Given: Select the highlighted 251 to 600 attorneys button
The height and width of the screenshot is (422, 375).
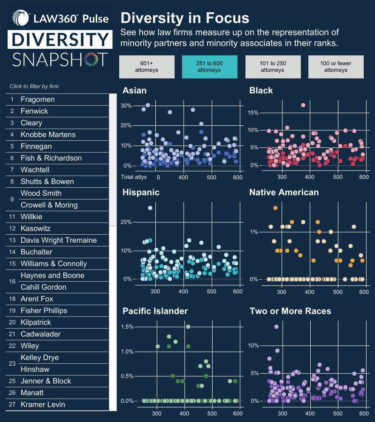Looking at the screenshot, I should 209,67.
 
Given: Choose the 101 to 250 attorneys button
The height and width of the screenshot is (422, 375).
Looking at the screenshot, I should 273,67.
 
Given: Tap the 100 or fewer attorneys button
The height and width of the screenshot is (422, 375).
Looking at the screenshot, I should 336,67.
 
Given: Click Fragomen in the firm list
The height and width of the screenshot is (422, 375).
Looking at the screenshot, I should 38,100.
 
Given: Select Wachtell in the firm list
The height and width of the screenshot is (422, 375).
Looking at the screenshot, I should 35,170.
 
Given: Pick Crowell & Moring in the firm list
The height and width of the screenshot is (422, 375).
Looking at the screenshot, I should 49,205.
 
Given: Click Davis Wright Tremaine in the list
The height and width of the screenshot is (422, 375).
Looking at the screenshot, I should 58,240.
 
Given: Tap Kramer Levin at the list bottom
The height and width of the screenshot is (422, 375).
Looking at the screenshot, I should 43,405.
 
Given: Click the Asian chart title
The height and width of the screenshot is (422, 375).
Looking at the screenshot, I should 134,91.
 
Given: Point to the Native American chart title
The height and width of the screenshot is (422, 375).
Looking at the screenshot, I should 283,192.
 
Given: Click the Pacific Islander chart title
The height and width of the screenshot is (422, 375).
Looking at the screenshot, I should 155,311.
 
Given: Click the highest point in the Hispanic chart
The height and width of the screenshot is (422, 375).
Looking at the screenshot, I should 150,208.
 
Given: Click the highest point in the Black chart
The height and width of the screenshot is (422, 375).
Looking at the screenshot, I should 303,105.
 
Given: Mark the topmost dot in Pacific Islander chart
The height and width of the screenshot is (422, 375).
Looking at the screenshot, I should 188,327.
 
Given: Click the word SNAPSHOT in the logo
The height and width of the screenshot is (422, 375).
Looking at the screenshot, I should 60,60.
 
